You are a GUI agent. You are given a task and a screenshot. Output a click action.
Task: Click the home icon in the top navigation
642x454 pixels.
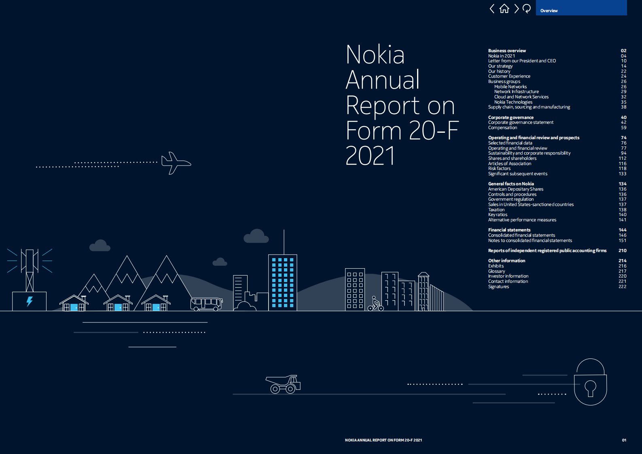pos(504,8)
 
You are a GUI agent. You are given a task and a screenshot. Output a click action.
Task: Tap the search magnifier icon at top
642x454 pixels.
pos(526,8)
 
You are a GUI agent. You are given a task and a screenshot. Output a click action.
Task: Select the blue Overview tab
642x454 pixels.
pos(581,8)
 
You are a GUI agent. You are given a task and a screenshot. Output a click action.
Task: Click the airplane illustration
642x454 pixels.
pos(175,163)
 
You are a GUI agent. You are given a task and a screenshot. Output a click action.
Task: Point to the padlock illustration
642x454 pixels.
pos(590,383)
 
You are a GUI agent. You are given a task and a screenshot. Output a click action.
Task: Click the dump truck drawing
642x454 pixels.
pos(283,384)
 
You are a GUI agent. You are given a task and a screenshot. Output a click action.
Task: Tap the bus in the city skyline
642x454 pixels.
pos(206,303)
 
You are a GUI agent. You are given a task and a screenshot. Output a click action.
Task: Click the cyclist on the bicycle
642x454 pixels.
pos(375,304)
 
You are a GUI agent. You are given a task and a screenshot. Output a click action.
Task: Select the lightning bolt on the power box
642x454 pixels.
pos(30,301)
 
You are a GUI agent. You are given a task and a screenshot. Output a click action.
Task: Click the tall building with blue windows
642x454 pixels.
pos(282,282)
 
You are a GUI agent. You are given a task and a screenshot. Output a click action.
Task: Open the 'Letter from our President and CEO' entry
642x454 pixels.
pos(522,61)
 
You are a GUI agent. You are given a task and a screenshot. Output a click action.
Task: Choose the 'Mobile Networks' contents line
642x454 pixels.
pos(511,87)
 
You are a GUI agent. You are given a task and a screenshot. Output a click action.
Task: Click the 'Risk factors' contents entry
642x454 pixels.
pos(499,169)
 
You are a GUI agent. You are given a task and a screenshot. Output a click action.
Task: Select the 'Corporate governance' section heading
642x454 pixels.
pos(511,117)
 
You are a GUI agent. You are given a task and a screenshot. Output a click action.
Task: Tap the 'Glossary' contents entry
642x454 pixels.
pos(496,271)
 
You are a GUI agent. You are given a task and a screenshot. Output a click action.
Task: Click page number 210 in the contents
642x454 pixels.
pos(622,250)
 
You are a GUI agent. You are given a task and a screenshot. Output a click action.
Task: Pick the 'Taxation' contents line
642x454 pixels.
pos(496,210)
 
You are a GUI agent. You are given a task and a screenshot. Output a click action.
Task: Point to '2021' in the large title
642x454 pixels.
pos(370,156)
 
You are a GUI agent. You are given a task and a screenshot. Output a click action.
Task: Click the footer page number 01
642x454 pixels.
pos(624,440)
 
